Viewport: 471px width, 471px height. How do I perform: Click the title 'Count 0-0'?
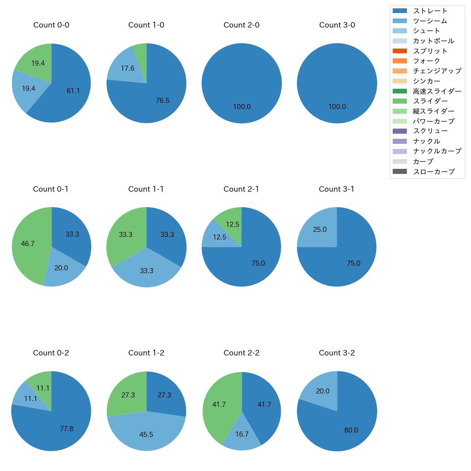click(x=51, y=25)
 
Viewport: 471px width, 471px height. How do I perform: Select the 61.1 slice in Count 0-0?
click(x=72, y=91)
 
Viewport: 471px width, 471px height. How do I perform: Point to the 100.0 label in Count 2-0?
click(x=242, y=107)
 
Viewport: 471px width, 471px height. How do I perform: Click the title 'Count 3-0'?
click(x=337, y=25)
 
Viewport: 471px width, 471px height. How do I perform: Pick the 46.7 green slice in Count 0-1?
click(x=28, y=243)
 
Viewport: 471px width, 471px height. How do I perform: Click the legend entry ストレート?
click(x=430, y=11)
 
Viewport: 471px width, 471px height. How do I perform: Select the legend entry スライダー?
click(x=430, y=101)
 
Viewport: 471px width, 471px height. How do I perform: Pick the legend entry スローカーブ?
click(x=434, y=172)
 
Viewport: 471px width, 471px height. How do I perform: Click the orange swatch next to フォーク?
click(x=400, y=61)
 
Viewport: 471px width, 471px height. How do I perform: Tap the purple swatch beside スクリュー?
click(x=400, y=131)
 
